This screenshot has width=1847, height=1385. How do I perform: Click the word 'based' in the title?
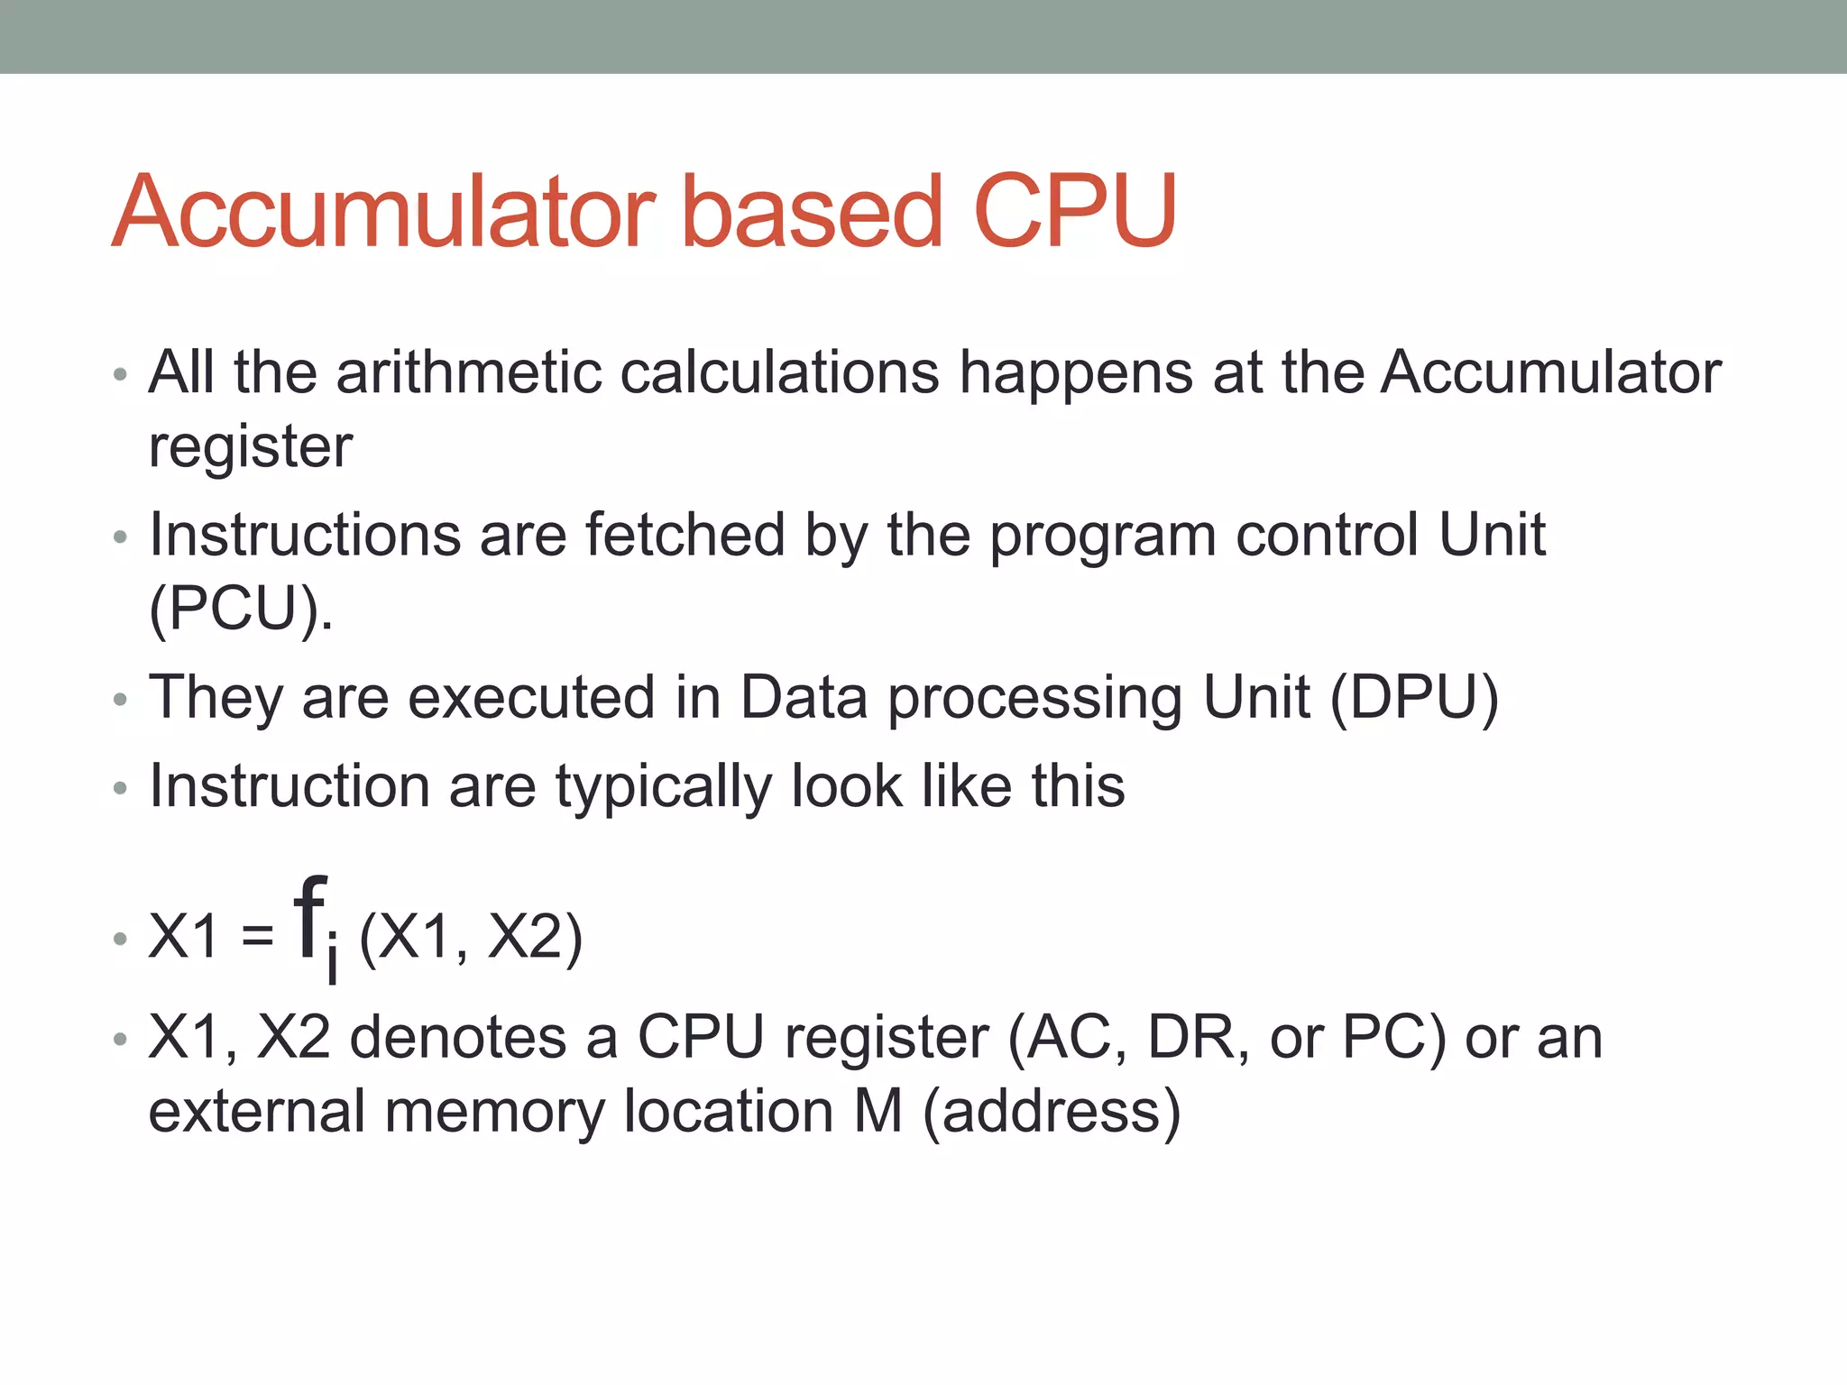click(811, 211)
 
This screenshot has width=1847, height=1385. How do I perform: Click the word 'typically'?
click(663, 786)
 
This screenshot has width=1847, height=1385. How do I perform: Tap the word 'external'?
click(256, 1111)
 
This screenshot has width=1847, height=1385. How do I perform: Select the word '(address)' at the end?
click(1052, 1113)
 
